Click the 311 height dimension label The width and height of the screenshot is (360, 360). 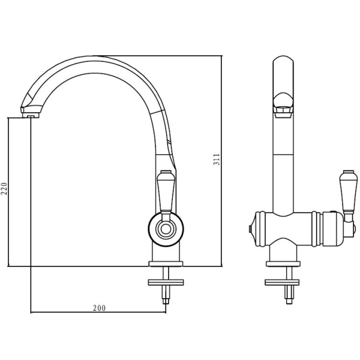tap(217, 160)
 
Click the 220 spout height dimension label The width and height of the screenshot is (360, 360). tap(4, 189)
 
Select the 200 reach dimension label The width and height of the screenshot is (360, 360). tap(99, 308)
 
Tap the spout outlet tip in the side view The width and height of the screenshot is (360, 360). tap(31, 116)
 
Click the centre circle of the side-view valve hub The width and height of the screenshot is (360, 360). tap(166, 229)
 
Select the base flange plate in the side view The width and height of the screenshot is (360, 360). tap(166, 264)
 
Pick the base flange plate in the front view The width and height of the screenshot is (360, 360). tap(283, 264)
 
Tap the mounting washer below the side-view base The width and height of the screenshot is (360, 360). tap(166, 282)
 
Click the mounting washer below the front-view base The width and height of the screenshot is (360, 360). tap(282, 282)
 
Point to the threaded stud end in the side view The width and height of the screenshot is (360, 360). tap(166, 301)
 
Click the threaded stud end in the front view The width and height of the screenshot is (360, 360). tap(289, 301)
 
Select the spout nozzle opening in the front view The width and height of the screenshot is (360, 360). tap(283, 112)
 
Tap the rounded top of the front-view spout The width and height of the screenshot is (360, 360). tap(283, 59)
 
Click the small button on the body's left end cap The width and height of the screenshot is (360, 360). tap(250, 229)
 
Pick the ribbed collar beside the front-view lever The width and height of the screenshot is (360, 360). tap(316, 229)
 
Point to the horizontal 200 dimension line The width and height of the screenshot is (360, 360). tap(98, 312)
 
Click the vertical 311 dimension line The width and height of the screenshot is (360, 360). tap(222, 161)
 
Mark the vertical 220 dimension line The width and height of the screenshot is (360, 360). tap(8, 192)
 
